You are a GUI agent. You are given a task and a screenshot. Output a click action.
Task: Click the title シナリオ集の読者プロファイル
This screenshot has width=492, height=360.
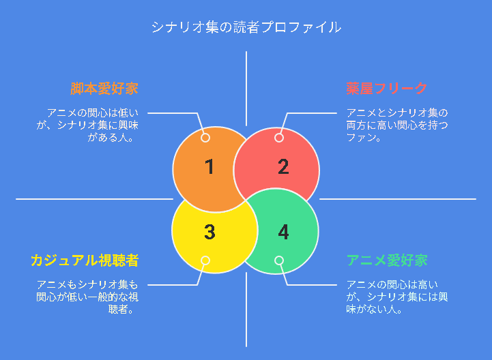[246, 27]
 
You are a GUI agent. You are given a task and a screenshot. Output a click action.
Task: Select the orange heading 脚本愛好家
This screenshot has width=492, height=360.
[104, 89]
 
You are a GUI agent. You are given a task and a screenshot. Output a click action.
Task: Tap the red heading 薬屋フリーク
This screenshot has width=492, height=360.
[386, 89]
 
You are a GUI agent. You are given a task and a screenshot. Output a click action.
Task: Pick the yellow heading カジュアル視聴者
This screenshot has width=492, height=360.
[85, 260]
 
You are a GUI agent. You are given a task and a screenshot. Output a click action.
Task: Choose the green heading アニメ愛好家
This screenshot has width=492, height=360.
[387, 260]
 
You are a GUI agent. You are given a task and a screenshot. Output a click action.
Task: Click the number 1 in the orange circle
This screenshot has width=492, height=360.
[209, 166]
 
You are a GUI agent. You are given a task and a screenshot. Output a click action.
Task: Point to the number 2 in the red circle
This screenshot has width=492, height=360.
[283, 166]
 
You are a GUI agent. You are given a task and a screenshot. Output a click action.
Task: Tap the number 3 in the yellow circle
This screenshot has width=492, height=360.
[209, 232]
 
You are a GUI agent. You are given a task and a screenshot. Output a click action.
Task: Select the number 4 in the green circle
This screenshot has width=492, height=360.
[283, 232]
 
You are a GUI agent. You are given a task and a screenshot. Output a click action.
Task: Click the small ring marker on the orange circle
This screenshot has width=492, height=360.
[205, 138]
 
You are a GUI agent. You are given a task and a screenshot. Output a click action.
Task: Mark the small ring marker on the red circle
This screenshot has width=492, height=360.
[279, 138]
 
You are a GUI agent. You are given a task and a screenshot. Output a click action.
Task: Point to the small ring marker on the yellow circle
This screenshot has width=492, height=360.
[205, 260]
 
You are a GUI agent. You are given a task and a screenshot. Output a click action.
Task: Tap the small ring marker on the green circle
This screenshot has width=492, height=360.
[279, 260]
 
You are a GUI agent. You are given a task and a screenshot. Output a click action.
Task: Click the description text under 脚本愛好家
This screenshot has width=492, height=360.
[87, 125]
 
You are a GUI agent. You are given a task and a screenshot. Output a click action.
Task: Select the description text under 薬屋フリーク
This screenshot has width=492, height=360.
[397, 125]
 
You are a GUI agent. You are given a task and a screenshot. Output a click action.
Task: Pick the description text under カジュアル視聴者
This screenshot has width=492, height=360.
[87, 297]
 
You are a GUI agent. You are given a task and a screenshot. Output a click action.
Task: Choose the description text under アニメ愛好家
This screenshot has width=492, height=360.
[397, 297]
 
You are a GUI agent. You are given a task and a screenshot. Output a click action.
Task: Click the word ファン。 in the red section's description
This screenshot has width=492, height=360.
[364, 137]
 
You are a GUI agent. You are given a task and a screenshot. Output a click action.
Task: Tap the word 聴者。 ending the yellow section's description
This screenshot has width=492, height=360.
[121, 310]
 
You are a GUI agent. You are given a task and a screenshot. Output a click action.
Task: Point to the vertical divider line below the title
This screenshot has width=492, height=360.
[246, 89]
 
